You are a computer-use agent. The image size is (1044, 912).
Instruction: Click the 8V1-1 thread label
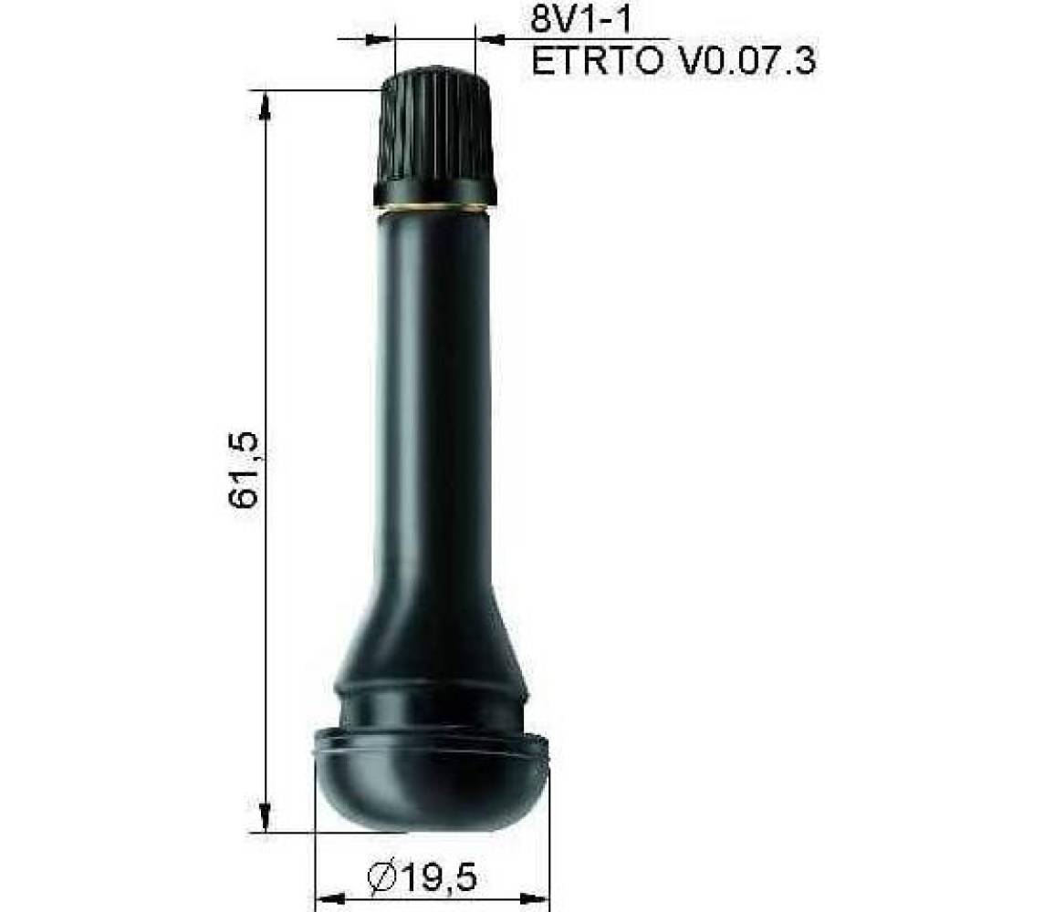tap(579, 19)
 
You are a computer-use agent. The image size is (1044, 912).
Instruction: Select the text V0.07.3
tap(746, 61)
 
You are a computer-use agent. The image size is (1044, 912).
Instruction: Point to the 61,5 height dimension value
tap(244, 469)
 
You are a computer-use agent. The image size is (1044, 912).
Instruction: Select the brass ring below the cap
tap(433, 210)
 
